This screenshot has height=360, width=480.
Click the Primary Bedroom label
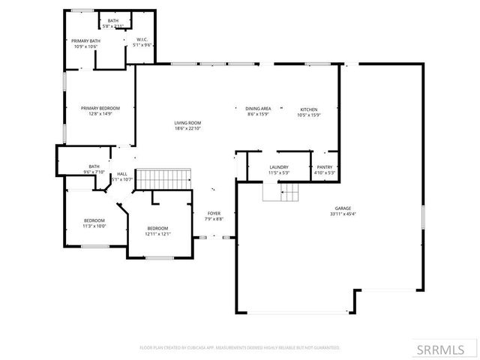[x=100, y=108]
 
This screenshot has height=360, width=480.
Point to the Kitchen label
[x=308, y=108]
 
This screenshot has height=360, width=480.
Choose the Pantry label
[x=324, y=167]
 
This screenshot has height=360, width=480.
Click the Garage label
[x=343, y=208]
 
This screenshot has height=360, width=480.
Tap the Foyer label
[x=214, y=213]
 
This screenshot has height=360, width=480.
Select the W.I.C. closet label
[x=142, y=39]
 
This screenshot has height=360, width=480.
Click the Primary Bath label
[x=85, y=40]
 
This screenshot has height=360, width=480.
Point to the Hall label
[x=121, y=173]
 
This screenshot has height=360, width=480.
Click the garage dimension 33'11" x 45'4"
[x=343, y=214]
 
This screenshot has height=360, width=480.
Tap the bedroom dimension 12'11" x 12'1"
[x=157, y=234]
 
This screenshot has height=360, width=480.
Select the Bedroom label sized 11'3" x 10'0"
[x=94, y=220]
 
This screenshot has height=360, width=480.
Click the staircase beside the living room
[x=163, y=179]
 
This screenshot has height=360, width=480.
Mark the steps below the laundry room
[x=280, y=193]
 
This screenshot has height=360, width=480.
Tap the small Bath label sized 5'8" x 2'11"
[x=112, y=21]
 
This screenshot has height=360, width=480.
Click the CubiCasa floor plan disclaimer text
[x=240, y=348]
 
